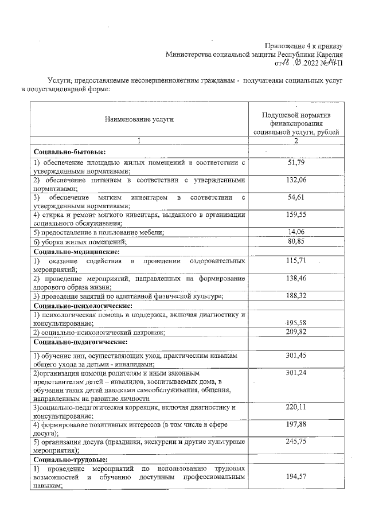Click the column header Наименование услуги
pyautogui.click(x=139, y=119)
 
